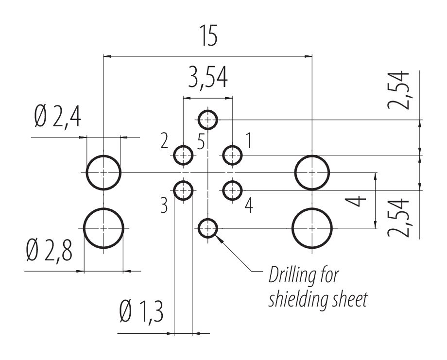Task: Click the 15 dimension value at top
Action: (207, 38)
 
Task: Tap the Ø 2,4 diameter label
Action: (58, 119)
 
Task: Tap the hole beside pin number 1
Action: (233, 155)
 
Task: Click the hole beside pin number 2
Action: (183, 155)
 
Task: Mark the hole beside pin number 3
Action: (183, 190)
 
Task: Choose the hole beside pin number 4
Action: (233, 190)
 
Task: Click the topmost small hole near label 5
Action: (208, 119)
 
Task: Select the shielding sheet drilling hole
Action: (208, 227)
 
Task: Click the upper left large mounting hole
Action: (104, 172)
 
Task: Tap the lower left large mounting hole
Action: (104, 227)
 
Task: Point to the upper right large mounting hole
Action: (312, 172)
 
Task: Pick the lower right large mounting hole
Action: (312, 227)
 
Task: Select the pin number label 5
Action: (202, 142)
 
